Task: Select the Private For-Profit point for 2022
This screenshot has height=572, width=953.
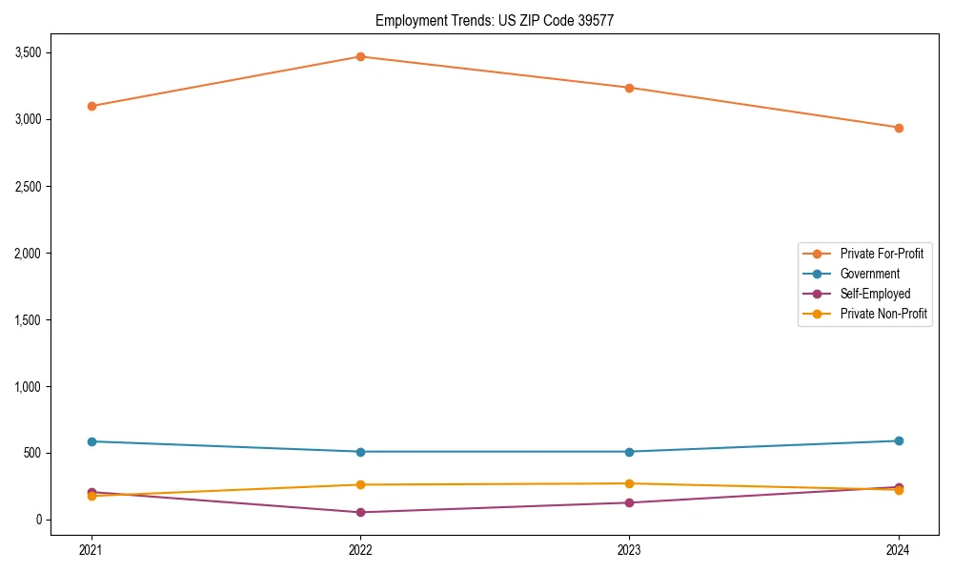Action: [x=360, y=56]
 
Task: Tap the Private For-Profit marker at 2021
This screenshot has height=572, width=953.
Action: [x=91, y=106]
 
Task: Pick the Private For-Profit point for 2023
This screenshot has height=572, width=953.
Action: [x=629, y=88]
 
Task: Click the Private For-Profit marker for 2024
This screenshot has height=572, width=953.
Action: [x=899, y=128]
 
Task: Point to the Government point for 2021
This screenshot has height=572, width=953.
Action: [x=91, y=441]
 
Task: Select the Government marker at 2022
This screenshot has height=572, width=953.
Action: [x=360, y=452]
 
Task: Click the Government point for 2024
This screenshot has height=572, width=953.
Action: [x=899, y=440]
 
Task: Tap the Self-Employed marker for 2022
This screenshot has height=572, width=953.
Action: [x=360, y=512]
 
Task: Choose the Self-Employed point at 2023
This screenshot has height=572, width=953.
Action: [x=629, y=502]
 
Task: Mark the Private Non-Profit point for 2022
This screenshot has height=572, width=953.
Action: [x=360, y=484]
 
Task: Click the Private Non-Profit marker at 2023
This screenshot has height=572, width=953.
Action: [x=629, y=483]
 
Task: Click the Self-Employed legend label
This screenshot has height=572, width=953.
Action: [x=875, y=294]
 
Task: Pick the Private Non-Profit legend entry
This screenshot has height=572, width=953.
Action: [x=883, y=314]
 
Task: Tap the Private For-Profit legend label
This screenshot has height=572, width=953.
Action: [x=882, y=254]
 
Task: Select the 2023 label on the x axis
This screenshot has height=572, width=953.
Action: [x=629, y=550]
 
